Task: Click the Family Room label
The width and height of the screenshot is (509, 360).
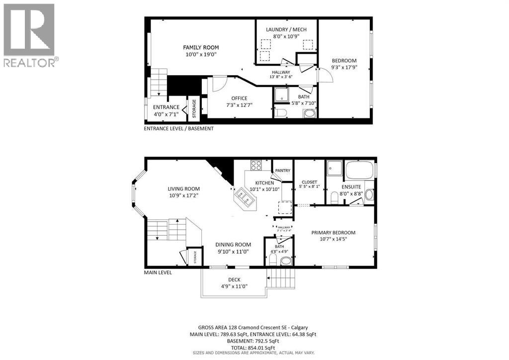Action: [x=201, y=48]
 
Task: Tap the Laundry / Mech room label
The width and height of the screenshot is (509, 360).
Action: [x=286, y=30]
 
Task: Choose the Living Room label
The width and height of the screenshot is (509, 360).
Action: [x=183, y=189]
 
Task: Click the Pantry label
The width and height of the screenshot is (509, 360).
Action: [x=283, y=171]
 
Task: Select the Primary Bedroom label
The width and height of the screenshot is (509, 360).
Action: [x=333, y=233]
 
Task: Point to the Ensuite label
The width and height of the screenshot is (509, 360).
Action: [x=351, y=187]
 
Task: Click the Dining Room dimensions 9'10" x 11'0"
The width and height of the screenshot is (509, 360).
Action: [x=233, y=252]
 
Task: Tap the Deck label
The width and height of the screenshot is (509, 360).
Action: [x=234, y=279]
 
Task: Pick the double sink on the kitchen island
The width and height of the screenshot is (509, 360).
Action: [x=246, y=197]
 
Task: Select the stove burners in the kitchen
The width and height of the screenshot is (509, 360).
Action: [x=256, y=166]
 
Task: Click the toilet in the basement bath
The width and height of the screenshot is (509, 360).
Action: [x=281, y=113]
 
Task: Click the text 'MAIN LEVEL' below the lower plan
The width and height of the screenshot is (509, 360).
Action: [x=158, y=272]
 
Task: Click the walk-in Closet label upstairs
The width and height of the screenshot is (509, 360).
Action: [x=309, y=182]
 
